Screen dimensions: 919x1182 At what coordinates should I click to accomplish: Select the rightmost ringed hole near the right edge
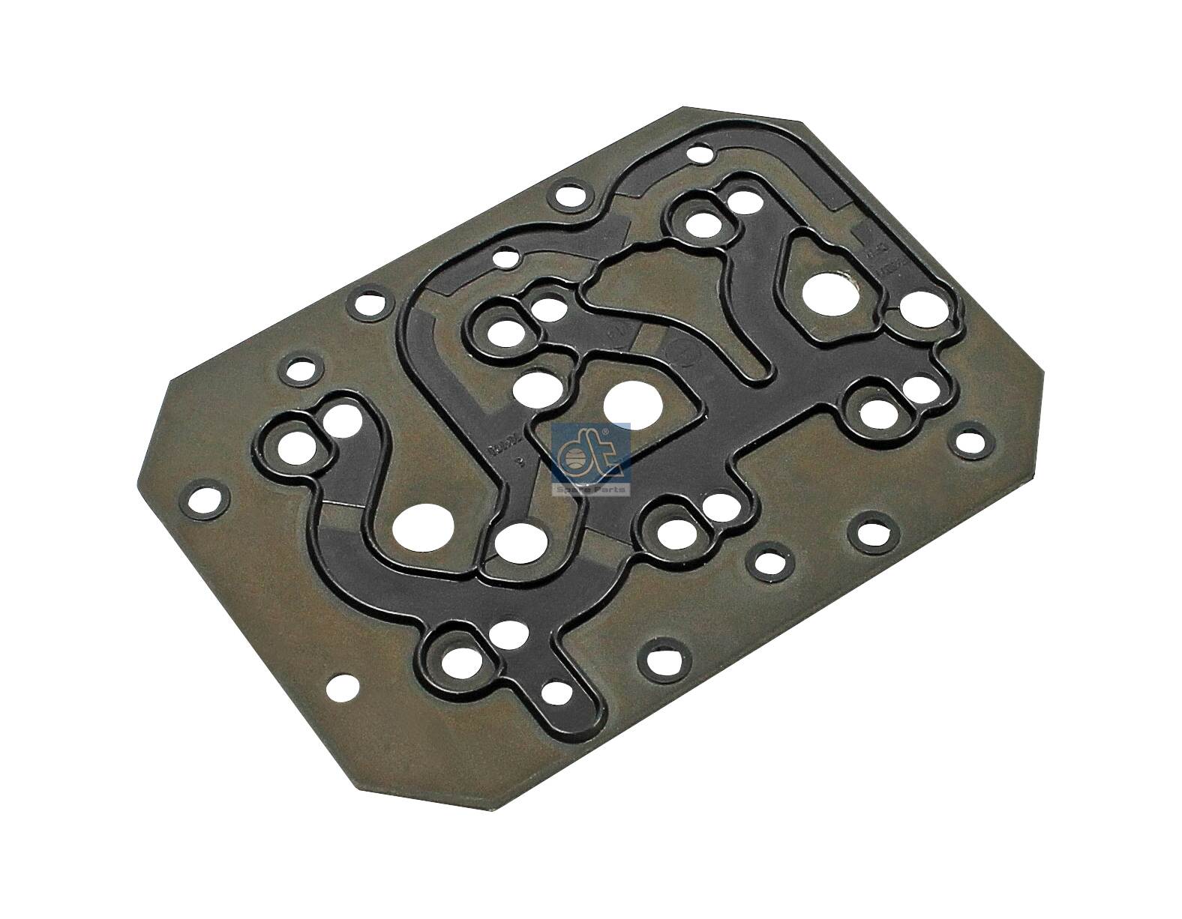pos(967,441)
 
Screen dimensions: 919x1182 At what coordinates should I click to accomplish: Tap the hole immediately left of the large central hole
pos(535,388)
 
